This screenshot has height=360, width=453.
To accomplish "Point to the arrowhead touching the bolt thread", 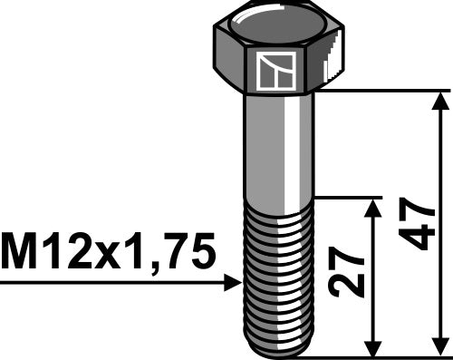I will pyautogui.click(x=233, y=284).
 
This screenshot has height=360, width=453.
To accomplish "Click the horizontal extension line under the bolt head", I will pyautogui.click(x=381, y=91).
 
